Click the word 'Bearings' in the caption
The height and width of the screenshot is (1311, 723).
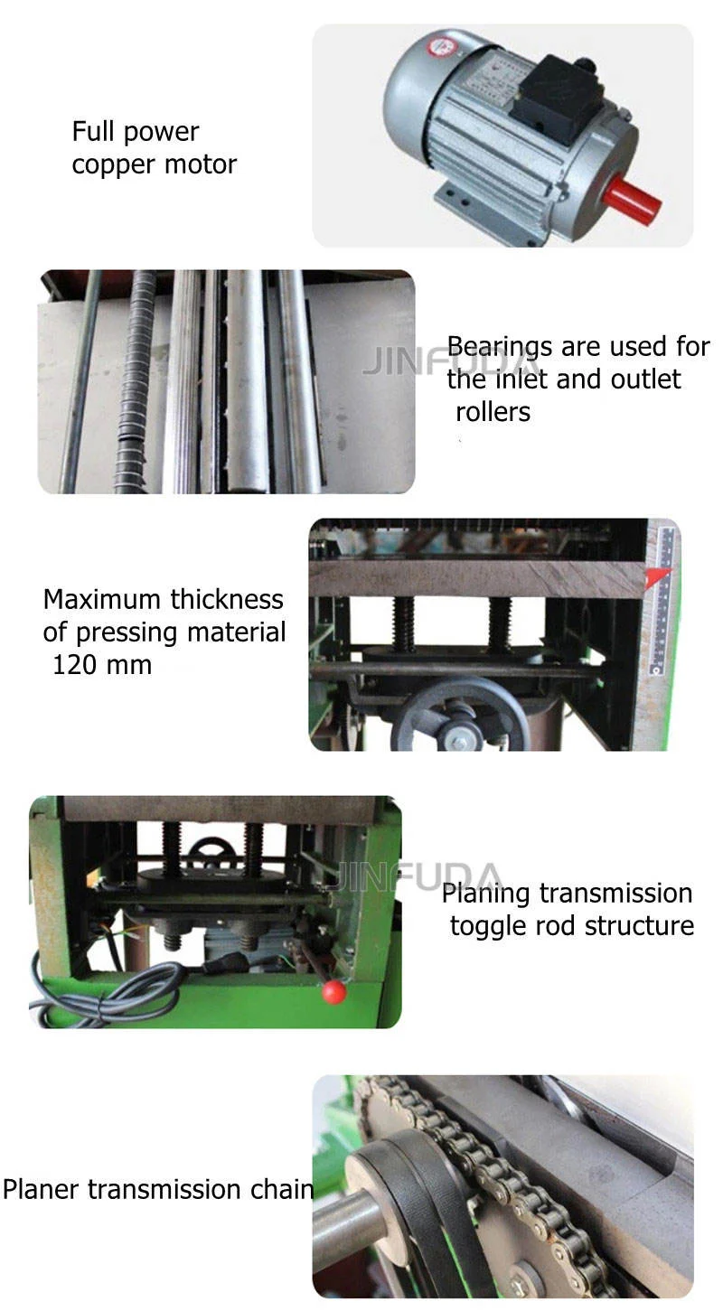(501, 347)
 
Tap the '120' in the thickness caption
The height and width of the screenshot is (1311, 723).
(74, 665)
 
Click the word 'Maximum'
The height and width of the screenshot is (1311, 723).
(102, 599)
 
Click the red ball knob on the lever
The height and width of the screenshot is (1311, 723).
(333, 991)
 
